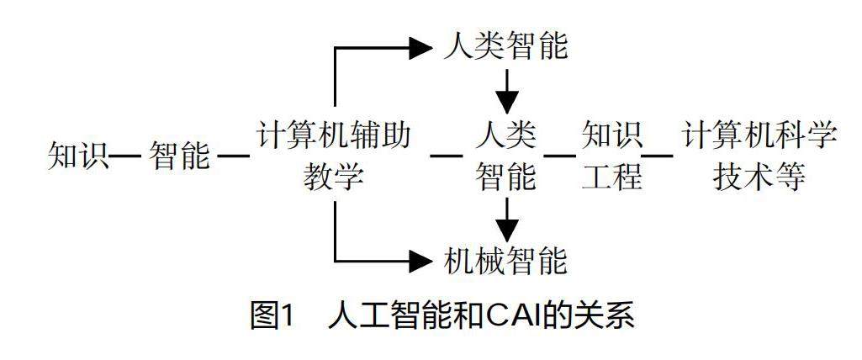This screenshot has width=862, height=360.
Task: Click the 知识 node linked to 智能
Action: (x=78, y=156)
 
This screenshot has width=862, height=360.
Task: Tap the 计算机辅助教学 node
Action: (x=335, y=156)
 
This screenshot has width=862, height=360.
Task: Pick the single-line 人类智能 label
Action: (x=505, y=48)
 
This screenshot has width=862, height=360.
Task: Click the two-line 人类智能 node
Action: (x=505, y=156)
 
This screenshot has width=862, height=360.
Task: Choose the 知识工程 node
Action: (x=611, y=156)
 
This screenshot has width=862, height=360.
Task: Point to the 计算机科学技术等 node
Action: (x=759, y=156)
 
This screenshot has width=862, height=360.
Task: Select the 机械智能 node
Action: (x=505, y=262)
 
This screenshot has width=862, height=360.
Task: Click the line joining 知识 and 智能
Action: (x=125, y=156)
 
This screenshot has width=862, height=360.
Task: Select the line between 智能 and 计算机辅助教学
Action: (x=233, y=156)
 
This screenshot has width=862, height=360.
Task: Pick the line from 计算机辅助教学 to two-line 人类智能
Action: (x=447, y=156)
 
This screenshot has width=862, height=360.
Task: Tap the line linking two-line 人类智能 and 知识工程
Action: (x=559, y=156)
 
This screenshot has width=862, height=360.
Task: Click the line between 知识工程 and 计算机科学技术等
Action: (x=658, y=156)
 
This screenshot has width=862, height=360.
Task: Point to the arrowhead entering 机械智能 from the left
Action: (x=420, y=262)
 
